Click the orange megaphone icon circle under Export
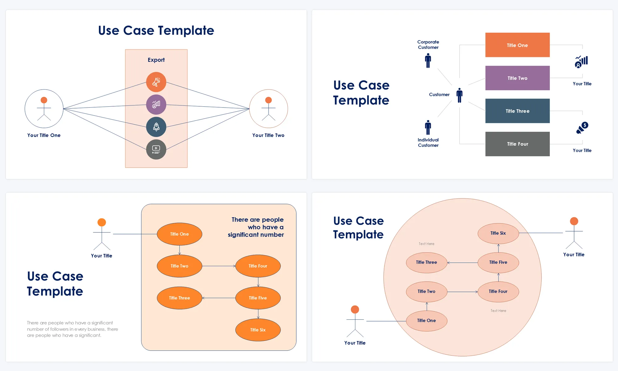click(156, 82)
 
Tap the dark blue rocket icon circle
click(156, 127)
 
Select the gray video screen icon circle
click(156, 150)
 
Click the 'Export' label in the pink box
click(156, 60)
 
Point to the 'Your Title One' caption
click(44, 135)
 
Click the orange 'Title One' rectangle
click(517, 45)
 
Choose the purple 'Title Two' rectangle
click(517, 78)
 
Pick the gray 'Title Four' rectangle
click(517, 144)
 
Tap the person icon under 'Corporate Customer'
click(428, 61)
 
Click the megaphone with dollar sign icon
click(582, 128)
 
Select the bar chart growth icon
click(581, 62)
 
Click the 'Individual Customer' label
click(428, 143)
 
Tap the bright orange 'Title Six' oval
click(258, 330)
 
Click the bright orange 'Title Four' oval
click(258, 266)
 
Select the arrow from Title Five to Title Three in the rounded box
click(218, 298)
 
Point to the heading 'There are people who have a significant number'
click(256, 227)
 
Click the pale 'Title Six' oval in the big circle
click(498, 233)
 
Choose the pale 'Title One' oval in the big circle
click(426, 321)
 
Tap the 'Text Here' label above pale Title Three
click(426, 244)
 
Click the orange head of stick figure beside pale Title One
click(355, 309)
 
